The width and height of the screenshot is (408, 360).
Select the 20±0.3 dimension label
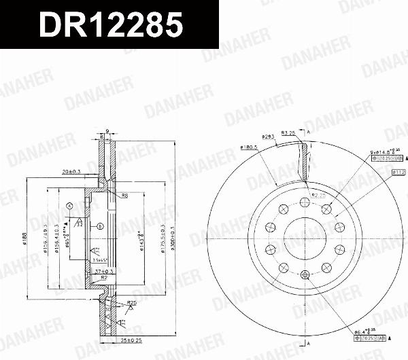(x=70, y=172)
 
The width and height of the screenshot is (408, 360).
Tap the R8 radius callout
(x=125, y=196)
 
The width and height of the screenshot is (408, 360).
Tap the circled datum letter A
(x=69, y=205)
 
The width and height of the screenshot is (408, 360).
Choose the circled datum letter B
(x=100, y=226)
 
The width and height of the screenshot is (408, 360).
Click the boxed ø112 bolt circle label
(x=398, y=173)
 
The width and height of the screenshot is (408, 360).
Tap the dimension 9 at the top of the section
(x=107, y=127)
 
